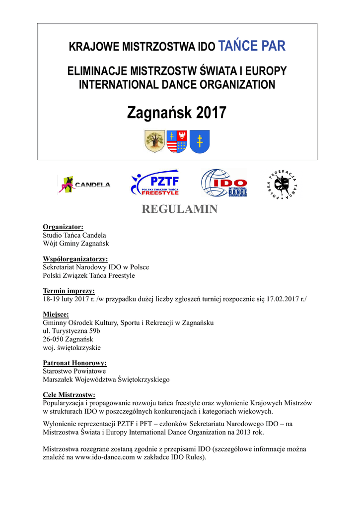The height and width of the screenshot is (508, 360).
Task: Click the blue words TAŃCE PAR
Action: coord(252,47)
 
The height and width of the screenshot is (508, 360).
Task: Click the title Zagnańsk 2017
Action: coord(177,113)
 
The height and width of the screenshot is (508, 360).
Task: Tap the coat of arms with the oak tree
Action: coord(154,141)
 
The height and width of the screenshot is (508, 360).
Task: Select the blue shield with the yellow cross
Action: coord(200,141)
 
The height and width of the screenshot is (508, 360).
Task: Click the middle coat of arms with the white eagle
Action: coord(177,141)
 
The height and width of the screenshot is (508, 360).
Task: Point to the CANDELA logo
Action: coord(84,185)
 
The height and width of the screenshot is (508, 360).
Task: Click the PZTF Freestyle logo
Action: coord(154,183)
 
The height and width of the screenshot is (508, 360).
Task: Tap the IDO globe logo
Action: coord(223,183)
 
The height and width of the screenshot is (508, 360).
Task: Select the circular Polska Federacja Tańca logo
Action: coord(281,184)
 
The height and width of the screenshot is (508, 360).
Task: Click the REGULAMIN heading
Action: coord(180,209)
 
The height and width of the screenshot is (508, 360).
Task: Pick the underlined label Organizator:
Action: coord(63,227)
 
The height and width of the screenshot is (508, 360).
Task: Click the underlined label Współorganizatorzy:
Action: coord(75,259)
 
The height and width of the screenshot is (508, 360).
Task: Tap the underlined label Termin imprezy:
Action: coord(69,291)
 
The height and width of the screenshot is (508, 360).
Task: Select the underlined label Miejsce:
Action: coord(56,315)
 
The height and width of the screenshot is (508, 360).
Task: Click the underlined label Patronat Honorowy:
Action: coord(75,363)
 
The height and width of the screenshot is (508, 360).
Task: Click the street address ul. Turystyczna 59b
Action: coord(72,331)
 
